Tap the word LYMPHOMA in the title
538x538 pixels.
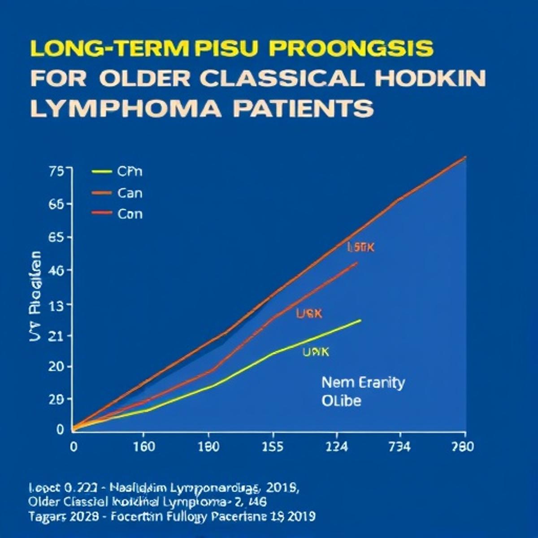(125, 108)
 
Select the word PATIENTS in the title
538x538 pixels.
(303, 108)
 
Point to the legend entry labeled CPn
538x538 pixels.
(129, 171)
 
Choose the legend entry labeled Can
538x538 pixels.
(130, 193)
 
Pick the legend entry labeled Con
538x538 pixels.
(130, 214)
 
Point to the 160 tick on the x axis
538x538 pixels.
(144, 447)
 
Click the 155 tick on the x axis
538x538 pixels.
(273, 447)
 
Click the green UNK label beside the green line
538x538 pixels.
(316, 352)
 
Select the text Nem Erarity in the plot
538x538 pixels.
(363, 382)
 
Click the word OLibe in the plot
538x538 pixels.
(341, 400)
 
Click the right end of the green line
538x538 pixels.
(360, 320)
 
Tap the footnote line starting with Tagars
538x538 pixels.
(172, 516)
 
